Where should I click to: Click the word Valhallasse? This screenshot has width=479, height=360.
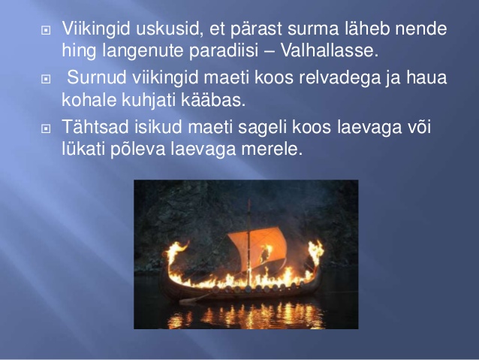tap(330, 50)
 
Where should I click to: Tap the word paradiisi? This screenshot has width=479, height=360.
tap(224, 51)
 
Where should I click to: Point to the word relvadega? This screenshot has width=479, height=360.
tap(339, 78)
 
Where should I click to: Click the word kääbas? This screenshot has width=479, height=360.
tap(213, 100)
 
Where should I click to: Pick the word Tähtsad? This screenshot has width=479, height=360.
tap(95, 126)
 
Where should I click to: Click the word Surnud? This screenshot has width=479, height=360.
tap(97, 77)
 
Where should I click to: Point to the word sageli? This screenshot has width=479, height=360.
tap(263, 128)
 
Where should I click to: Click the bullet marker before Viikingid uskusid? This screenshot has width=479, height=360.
tap(46, 30)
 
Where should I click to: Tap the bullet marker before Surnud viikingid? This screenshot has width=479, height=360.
tap(46, 79)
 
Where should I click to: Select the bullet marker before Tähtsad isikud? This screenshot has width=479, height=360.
tap(46, 129)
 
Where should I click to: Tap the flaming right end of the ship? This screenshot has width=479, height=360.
tap(315, 253)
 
